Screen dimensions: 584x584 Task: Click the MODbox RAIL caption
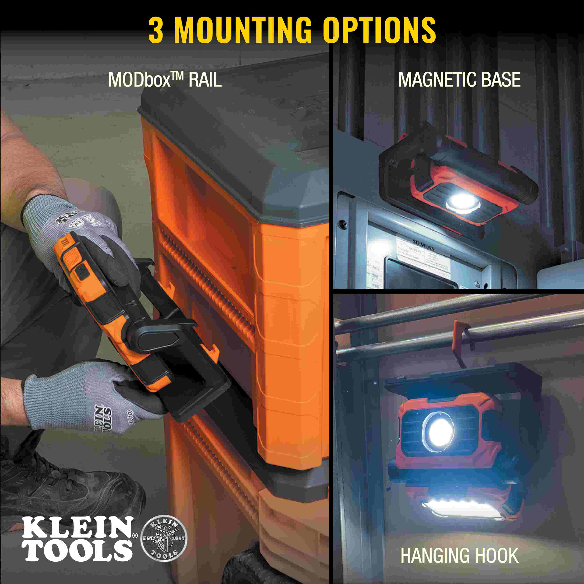pyautogui.click(x=165, y=80)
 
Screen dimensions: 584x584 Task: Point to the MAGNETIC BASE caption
pyautogui.click(x=459, y=80)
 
